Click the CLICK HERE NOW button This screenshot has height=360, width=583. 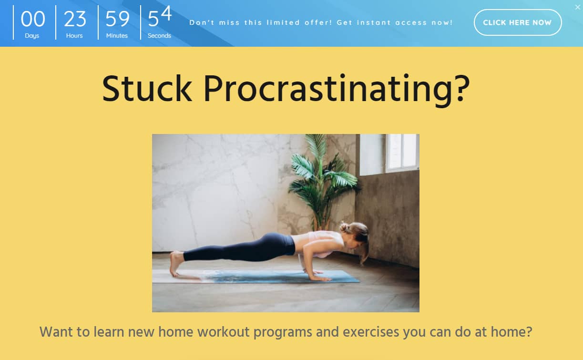(518, 22)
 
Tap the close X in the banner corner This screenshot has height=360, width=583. (578, 7)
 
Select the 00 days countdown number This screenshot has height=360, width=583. (33, 19)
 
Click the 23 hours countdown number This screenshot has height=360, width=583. (75, 19)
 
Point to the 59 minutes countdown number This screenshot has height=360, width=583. (117, 19)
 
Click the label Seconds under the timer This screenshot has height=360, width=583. (159, 36)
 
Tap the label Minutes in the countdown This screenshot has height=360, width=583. (117, 36)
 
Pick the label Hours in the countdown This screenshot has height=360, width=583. (74, 36)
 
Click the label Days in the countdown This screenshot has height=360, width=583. (32, 36)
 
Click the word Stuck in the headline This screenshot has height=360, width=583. (147, 89)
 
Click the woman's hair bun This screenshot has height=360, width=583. (346, 227)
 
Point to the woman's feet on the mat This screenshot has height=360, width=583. (177, 263)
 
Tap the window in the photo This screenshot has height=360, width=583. (389, 154)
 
